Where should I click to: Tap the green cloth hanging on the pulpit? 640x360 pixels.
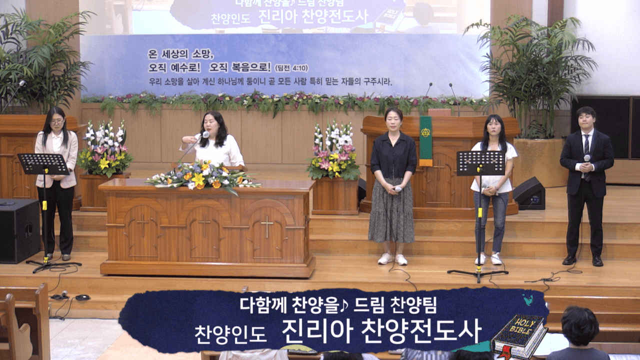(425, 140)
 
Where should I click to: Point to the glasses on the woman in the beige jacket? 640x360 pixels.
(56, 121)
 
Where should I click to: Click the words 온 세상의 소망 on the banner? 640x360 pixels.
(181, 53)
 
